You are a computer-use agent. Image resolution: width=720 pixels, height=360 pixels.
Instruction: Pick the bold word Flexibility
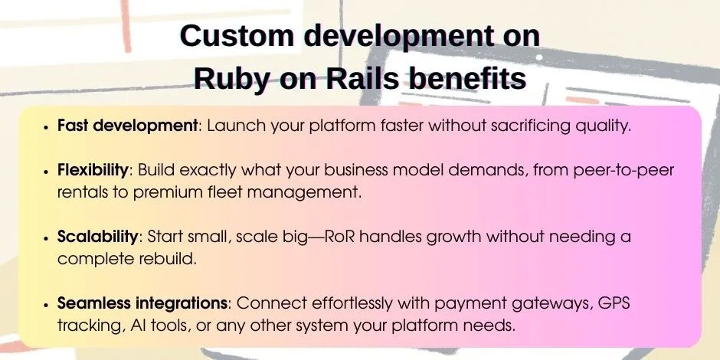click(96, 170)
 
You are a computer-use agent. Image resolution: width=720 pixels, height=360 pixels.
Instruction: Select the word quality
click(602, 126)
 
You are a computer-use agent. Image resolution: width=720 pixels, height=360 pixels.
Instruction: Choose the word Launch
click(234, 126)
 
